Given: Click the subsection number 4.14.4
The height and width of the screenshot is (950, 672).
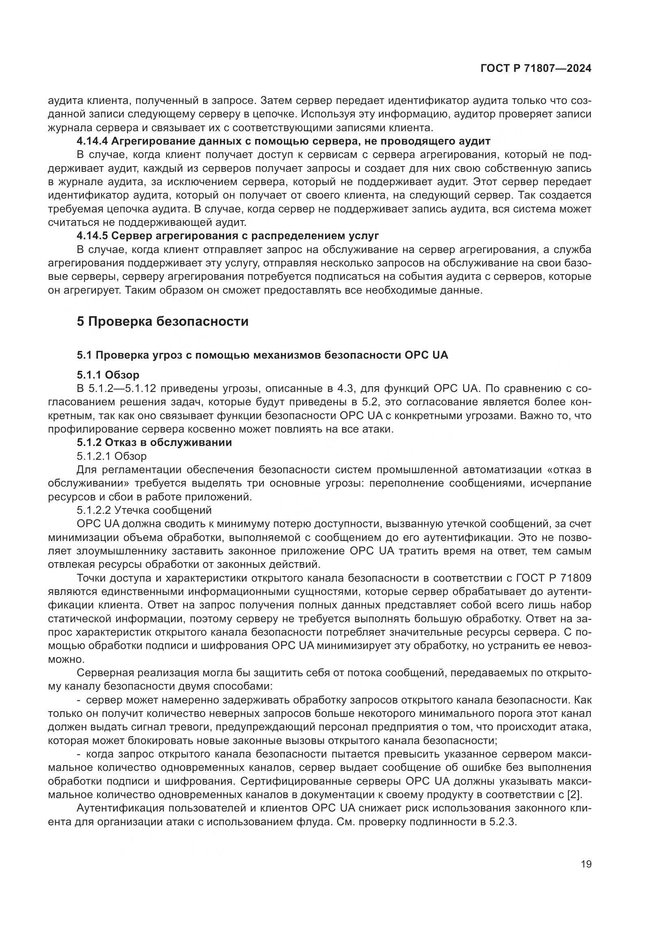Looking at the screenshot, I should (x=92, y=141).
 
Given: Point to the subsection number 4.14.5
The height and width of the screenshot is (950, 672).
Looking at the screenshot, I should (x=92, y=236).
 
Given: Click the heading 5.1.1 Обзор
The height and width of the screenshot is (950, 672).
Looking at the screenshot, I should (x=108, y=375).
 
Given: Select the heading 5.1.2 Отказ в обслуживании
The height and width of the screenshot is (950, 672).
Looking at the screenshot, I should (x=154, y=443).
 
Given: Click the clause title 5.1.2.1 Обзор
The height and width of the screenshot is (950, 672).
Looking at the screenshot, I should (x=111, y=456).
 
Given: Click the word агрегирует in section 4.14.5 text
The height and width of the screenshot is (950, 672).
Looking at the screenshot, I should (x=91, y=290).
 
